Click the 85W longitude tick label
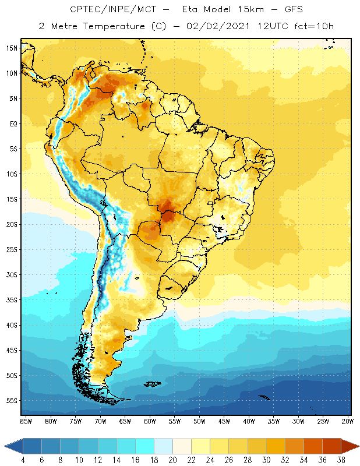click(26, 421)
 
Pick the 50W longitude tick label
click(200, 421)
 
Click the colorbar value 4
click(23, 460)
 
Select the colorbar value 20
click(172, 460)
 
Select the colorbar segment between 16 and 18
click(144, 446)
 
